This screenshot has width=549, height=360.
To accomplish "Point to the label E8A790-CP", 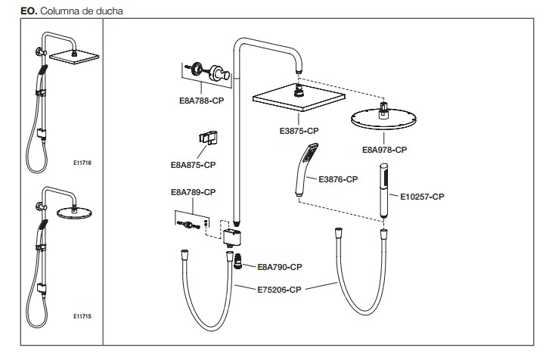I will pyautogui.click(x=280, y=267).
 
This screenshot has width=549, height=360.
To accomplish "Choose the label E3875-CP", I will pyautogui.click(x=299, y=131).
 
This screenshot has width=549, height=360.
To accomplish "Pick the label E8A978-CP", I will pyautogui.click(x=385, y=150).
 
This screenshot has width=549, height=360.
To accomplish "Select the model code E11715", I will pyautogui.click(x=82, y=317).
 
